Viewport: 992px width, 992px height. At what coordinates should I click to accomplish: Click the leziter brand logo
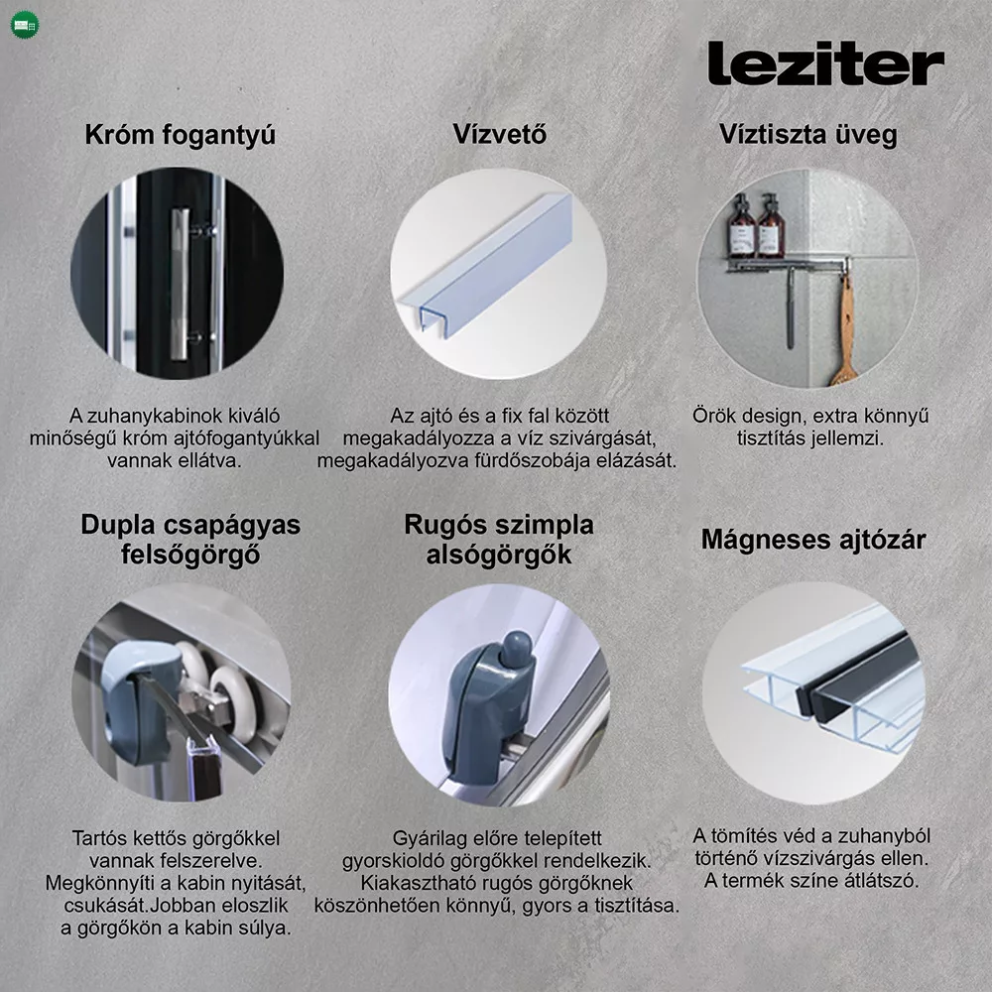point(825,62)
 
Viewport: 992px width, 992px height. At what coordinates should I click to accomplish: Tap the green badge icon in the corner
point(26,26)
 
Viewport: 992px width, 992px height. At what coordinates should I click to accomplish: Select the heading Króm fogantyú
point(181,135)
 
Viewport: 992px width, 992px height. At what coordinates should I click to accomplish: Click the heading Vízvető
point(500,134)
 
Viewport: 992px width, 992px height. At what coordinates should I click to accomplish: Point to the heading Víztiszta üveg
point(808,135)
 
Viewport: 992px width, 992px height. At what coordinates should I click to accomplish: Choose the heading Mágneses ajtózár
point(813,540)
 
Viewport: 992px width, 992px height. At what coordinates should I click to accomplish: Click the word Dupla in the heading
point(118,525)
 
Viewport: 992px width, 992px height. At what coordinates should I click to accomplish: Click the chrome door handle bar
point(180,285)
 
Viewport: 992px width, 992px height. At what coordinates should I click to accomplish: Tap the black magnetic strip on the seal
point(859,677)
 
